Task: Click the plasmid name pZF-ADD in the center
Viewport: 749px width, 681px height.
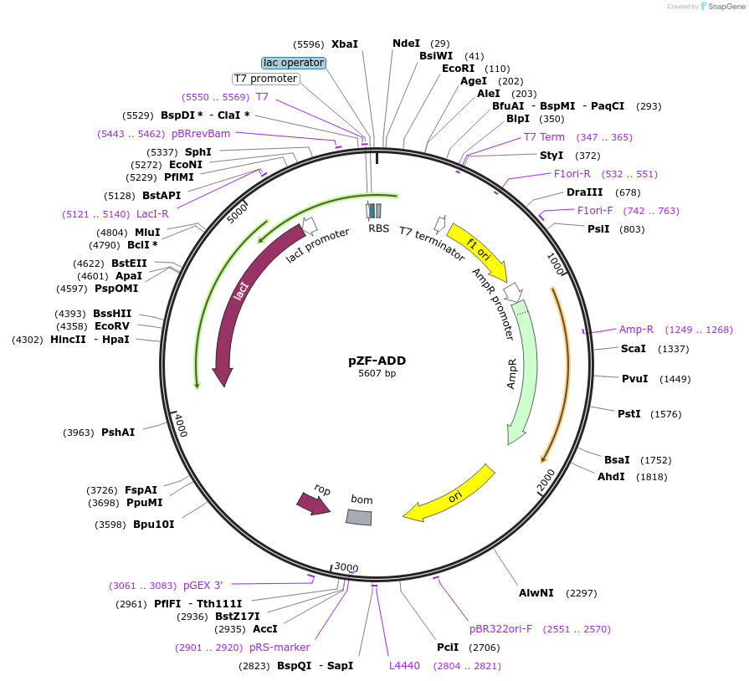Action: pyautogui.click(x=377, y=361)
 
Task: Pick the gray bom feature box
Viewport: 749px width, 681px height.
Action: pyautogui.click(x=359, y=517)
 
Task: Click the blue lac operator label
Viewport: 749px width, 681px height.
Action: pyautogui.click(x=294, y=63)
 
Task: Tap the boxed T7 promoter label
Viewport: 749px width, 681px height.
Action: pyautogui.click(x=265, y=79)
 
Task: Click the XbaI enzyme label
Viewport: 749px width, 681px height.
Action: pyautogui.click(x=344, y=44)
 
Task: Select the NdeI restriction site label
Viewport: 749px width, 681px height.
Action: pyautogui.click(x=407, y=44)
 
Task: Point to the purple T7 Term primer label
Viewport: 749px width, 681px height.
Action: pyautogui.click(x=544, y=137)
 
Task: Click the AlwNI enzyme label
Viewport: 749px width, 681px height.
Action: pyautogui.click(x=536, y=593)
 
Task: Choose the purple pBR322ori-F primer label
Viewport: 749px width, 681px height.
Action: pyautogui.click(x=500, y=629)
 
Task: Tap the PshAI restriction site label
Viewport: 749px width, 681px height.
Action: pyautogui.click(x=118, y=433)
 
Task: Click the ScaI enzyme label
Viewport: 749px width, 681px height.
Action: pyautogui.click(x=633, y=349)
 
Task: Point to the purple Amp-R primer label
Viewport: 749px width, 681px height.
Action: pyautogui.click(x=636, y=330)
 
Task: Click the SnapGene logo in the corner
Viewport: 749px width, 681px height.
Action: pyautogui.click(x=721, y=7)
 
